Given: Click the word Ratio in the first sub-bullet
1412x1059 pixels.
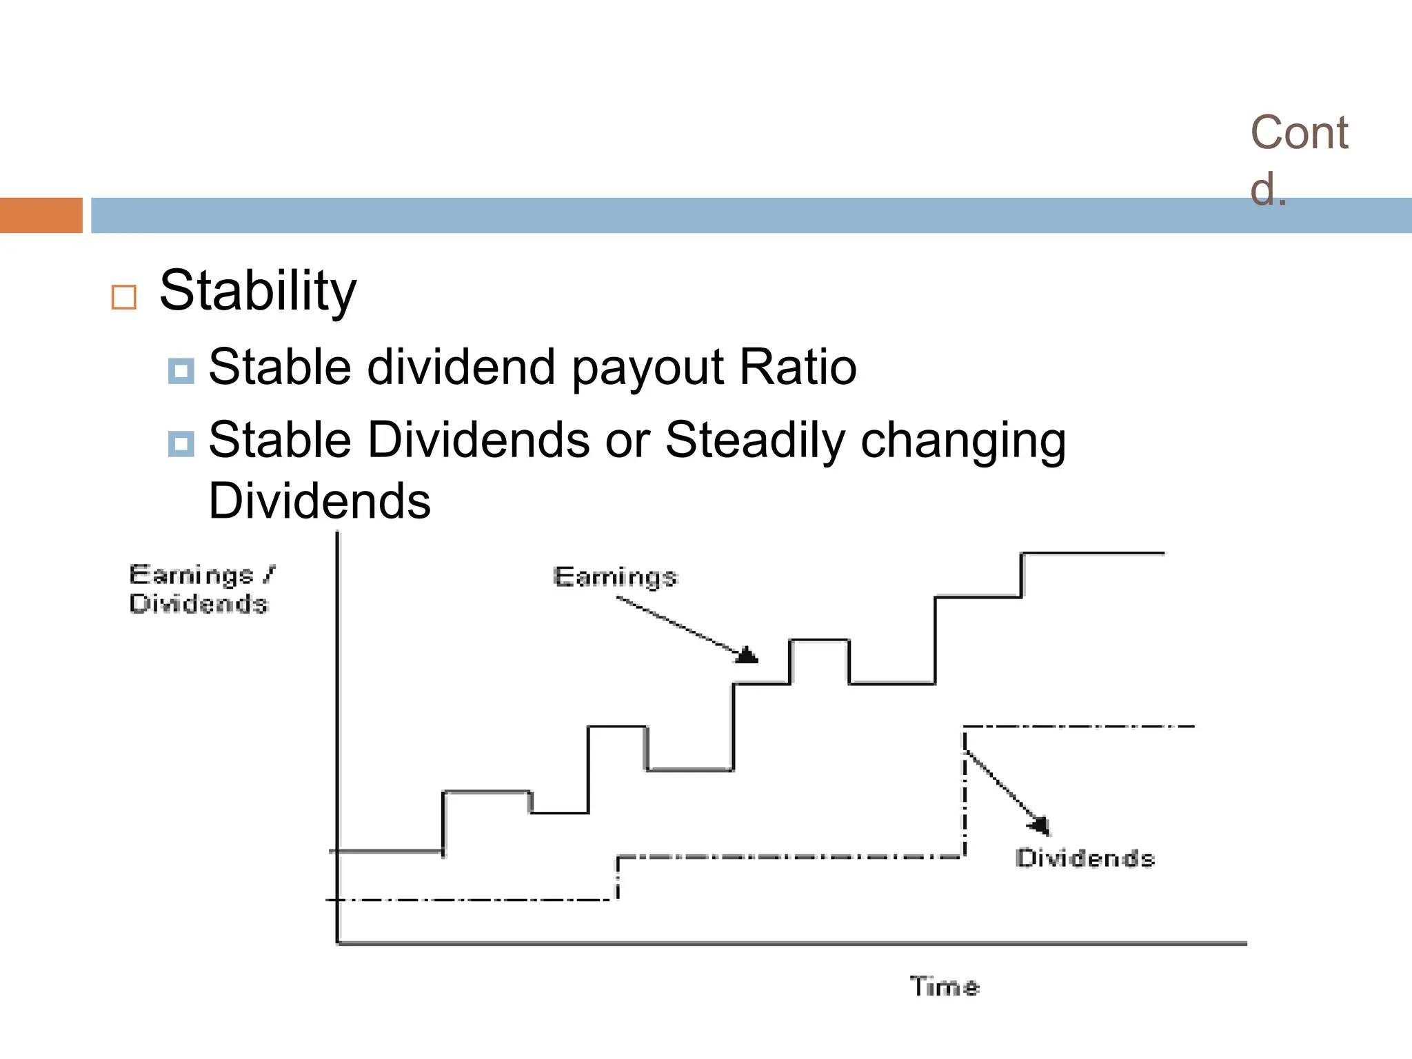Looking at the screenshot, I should pyautogui.click(x=798, y=367).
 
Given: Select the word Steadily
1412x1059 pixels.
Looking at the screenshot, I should pyautogui.click(x=755, y=441).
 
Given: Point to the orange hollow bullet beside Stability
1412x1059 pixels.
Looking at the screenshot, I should pyautogui.click(x=124, y=298).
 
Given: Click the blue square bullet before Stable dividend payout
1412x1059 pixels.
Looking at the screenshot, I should pyautogui.click(x=181, y=371).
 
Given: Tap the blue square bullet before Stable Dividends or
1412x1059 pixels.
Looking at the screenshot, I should pyautogui.click(x=181, y=444).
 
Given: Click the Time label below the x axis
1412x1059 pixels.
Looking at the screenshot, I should pyautogui.click(x=944, y=987).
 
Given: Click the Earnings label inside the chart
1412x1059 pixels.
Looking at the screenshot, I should pyautogui.click(x=615, y=576).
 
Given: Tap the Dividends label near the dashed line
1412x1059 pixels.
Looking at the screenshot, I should pyautogui.click(x=1085, y=858).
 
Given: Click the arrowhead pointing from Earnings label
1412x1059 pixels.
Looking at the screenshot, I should pyautogui.click(x=747, y=654).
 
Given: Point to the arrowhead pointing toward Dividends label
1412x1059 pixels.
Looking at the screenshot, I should pyautogui.click(x=1040, y=825).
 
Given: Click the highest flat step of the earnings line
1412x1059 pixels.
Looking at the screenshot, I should pyautogui.click(x=1092, y=553).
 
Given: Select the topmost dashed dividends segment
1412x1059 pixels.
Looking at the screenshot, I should pyautogui.click(x=1078, y=727).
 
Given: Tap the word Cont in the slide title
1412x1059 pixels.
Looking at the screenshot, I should pyautogui.click(x=1299, y=132).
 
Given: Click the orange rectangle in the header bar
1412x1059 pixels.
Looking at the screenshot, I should pyautogui.click(x=41, y=215).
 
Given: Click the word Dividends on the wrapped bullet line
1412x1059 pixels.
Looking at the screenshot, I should pyautogui.click(x=319, y=501).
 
